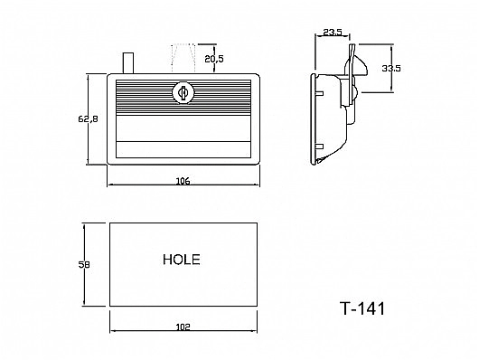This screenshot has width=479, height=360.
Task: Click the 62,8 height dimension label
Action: point(88,118)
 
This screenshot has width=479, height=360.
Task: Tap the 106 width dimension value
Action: point(183,181)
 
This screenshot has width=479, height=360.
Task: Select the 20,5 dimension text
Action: point(214,59)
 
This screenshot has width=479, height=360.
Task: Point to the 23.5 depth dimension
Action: point(332,33)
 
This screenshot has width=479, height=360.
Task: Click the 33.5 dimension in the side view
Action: point(391,68)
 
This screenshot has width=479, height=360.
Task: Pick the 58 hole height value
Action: point(84,264)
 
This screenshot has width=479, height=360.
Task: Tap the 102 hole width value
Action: point(183,327)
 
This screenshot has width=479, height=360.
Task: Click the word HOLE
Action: point(182,260)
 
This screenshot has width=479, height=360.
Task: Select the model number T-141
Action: point(362,308)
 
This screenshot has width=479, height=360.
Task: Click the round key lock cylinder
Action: point(183,92)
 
